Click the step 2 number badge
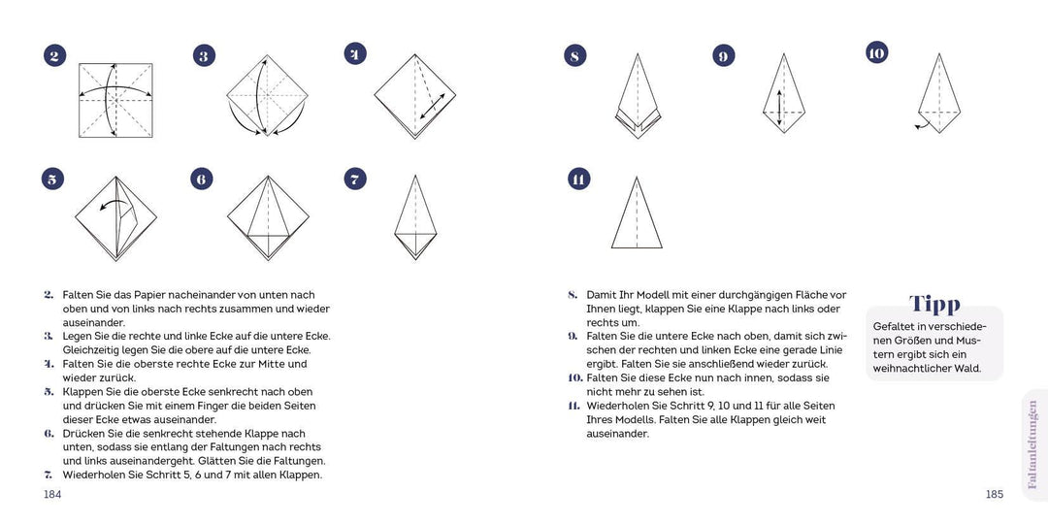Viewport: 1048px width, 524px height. point(55,55)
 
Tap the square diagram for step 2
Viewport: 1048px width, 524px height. point(115,100)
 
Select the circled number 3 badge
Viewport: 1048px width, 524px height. point(204,55)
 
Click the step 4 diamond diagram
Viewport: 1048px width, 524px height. point(415,95)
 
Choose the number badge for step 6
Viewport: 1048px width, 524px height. point(201,179)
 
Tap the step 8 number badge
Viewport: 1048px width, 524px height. point(575,55)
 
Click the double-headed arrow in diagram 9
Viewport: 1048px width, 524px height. point(778,108)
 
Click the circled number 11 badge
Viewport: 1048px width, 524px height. point(578,179)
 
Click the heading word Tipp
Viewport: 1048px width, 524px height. point(934,305)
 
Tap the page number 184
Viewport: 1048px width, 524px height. point(53,494)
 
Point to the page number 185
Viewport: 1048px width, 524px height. point(994,494)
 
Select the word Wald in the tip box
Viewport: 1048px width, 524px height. point(966,369)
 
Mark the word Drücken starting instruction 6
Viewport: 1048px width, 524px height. point(84,433)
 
